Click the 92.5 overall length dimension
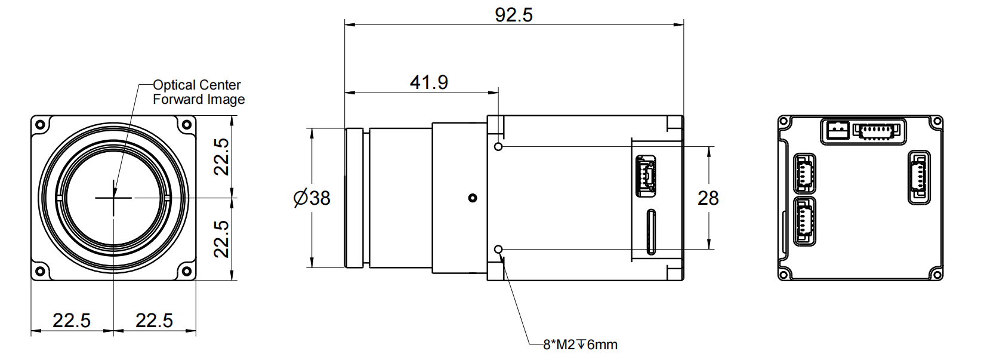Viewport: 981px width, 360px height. pos(513,14)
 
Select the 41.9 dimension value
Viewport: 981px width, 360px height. pos(428,82)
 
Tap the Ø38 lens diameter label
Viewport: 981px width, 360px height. pos(312,198)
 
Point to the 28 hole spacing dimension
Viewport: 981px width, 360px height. pos(708,198)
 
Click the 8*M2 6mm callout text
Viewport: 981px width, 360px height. pos(580,344)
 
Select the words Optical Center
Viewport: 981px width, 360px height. pos(197,85)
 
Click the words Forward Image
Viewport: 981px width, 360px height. pos(199,99)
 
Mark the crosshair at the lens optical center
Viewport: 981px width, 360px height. pos(113,197)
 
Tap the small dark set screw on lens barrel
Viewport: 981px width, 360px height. pos(473,198)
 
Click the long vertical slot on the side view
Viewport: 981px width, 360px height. pos(651,232)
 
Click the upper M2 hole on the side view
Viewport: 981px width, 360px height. pos(499,146)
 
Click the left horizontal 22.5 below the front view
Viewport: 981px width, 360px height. pos(72,321)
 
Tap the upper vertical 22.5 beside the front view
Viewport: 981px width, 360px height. pos(222,156)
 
